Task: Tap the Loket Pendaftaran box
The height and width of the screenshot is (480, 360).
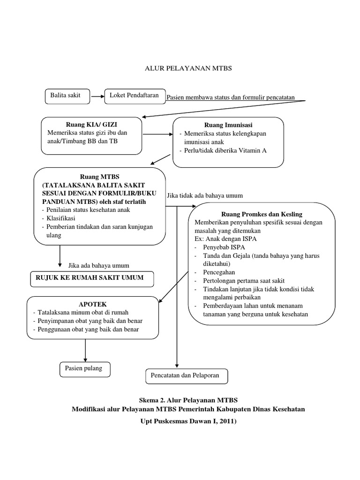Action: pos(134,96)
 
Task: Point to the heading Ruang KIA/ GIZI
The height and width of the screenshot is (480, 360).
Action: pos(92,125)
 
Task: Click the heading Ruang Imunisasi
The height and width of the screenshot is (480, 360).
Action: pos(228,125)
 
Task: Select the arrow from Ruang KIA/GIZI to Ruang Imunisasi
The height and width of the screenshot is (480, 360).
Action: pos(157,135)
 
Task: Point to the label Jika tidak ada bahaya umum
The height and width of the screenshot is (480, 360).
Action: pos(205,195)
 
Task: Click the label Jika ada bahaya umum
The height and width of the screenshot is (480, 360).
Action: pos(98,265)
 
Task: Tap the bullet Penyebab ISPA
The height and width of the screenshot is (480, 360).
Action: pos(224,247)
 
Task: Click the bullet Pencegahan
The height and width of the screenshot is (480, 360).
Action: pos(219,272)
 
